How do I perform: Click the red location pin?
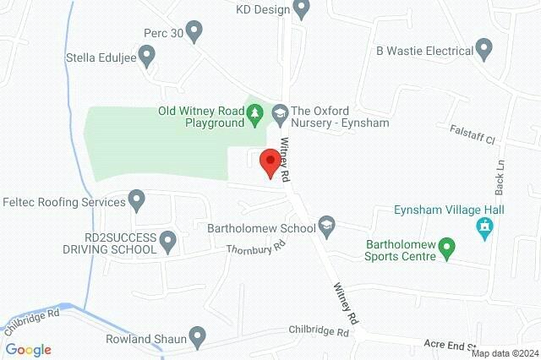(x=270, y=162)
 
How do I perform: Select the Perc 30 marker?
(x=194, y=32)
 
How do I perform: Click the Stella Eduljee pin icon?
(x=147, y=57)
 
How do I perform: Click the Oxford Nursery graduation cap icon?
(x=279, y=112)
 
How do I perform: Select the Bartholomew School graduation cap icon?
(x=326, y=226)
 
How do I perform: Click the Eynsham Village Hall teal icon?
(x=485, y=226)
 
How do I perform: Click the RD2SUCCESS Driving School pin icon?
(x=167, y=243)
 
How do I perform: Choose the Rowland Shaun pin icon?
(x=198, y=337)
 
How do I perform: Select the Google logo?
(x=29, y=350)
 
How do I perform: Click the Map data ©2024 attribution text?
(x=505, y=353)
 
